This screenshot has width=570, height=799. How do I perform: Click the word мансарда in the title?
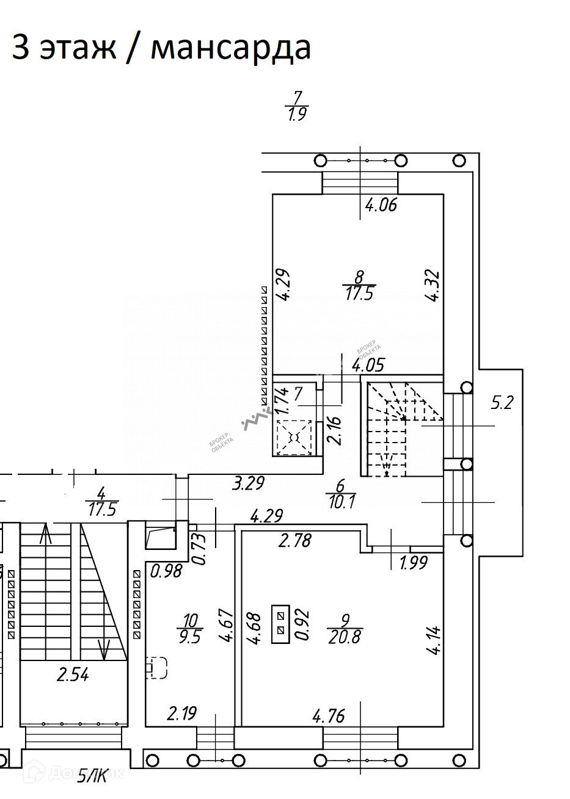pos(230,48)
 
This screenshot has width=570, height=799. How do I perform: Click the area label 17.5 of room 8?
pos(359,294)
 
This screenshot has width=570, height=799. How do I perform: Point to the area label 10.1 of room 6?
pos(341,502)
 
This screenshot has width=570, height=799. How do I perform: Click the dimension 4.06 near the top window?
pos(381,205)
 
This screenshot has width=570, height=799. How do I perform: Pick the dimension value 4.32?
pos(433,287)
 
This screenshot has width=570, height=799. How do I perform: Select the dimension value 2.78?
pos(295,540)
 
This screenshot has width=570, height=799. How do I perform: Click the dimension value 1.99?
pos(413,563)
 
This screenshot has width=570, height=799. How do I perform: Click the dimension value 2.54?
pos(73,674)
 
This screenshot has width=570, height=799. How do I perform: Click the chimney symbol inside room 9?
pos(281,622)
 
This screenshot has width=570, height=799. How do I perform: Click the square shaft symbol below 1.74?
pos(294,438)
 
